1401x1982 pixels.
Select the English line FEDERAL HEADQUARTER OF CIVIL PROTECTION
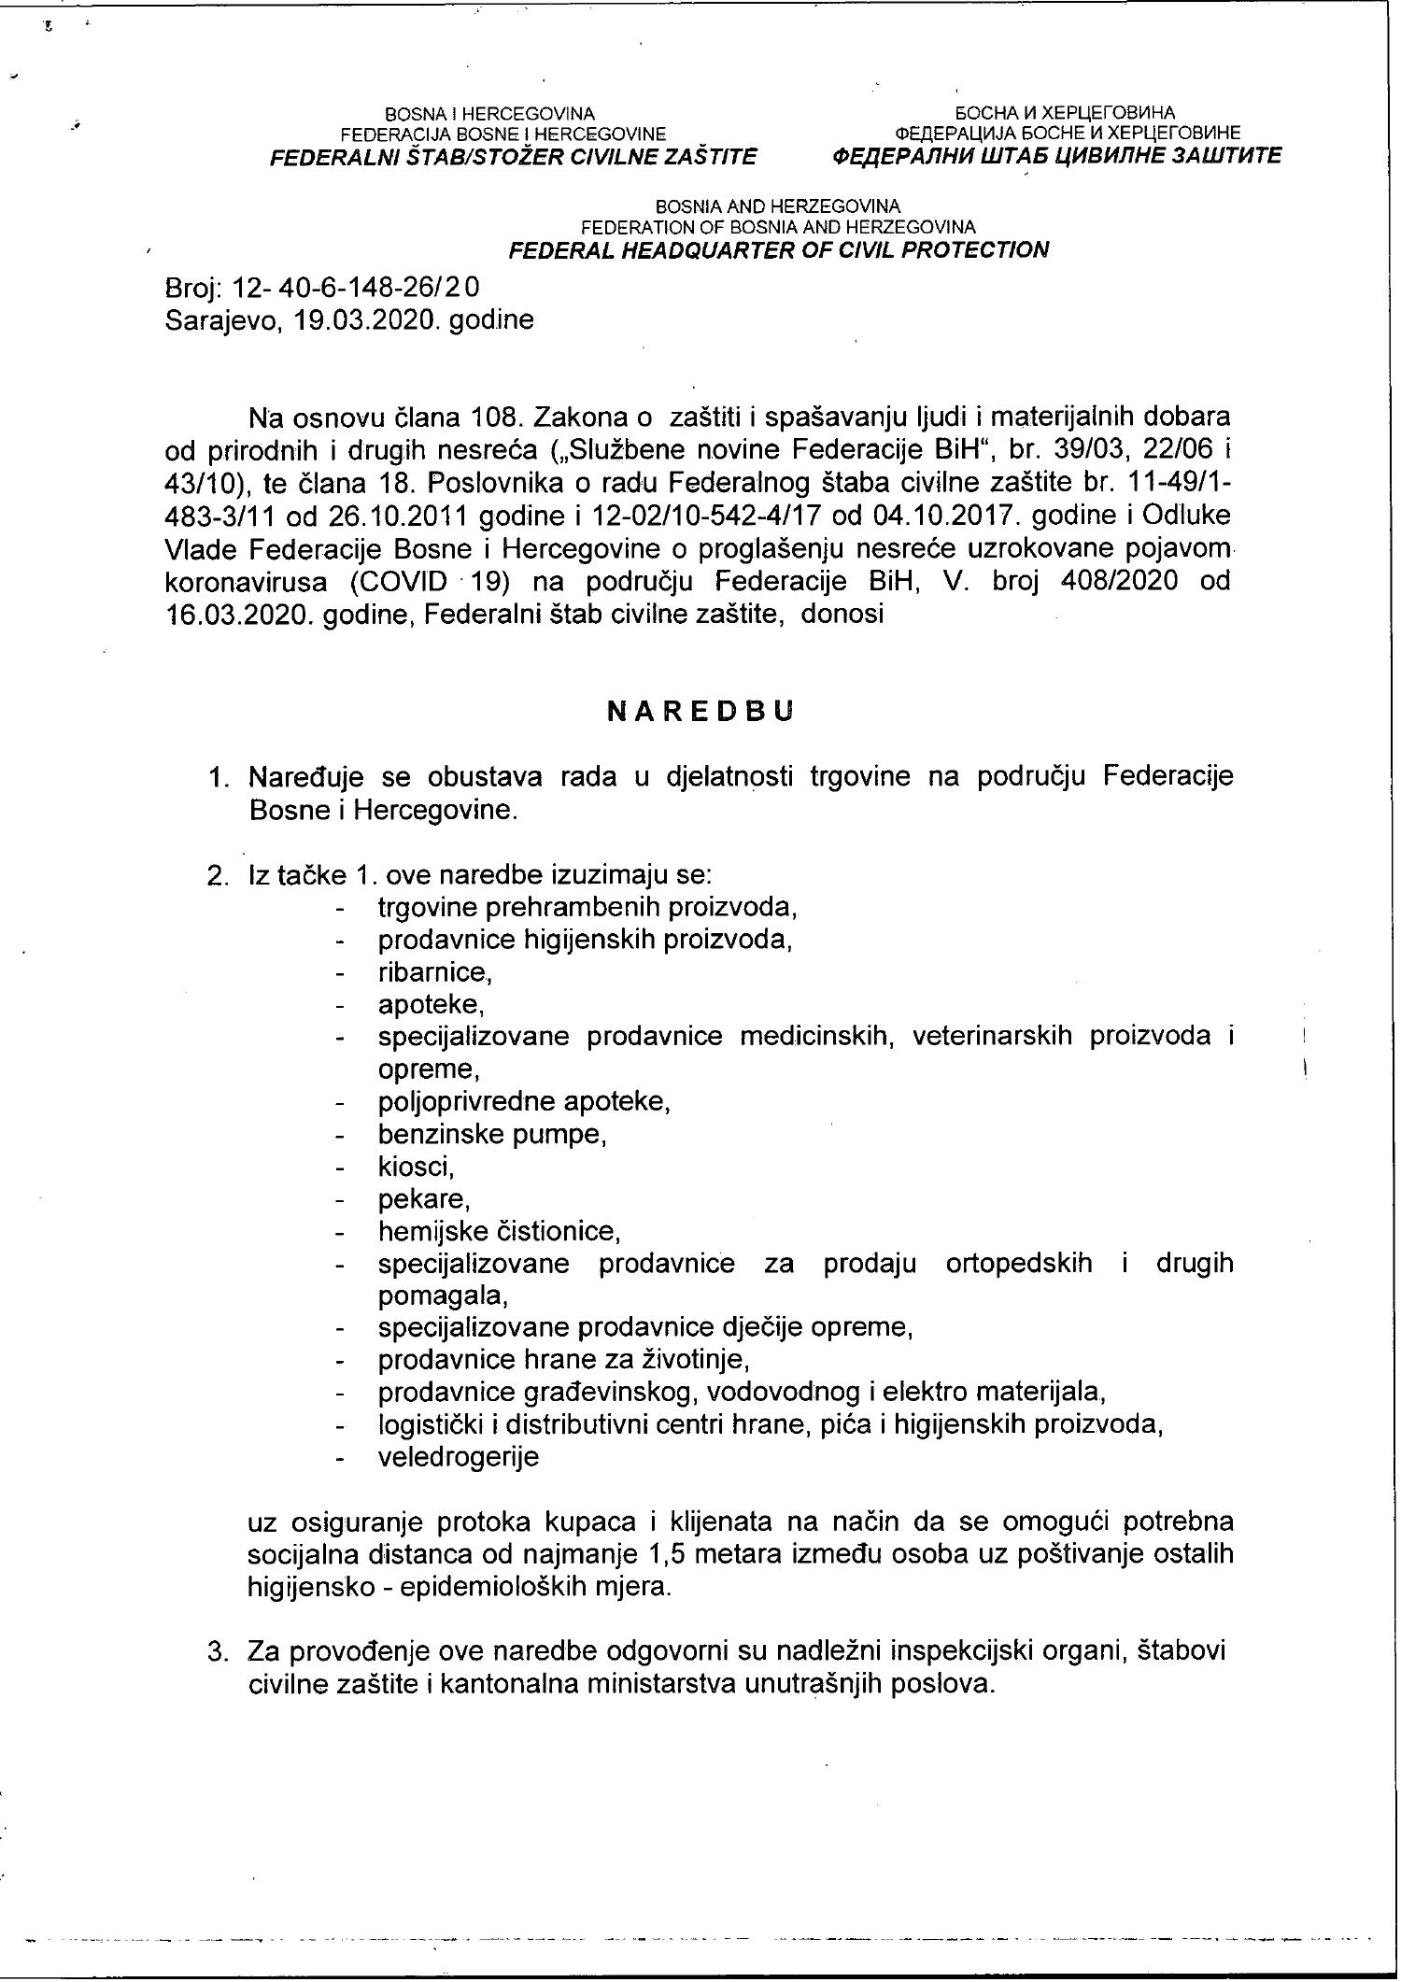pos(778,249)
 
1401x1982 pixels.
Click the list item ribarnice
pos(434,972)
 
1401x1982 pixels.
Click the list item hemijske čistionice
pos(499,1231)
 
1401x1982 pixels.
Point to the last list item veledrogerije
pos(458,1457)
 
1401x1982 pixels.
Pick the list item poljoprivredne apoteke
pos(524,1102)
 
